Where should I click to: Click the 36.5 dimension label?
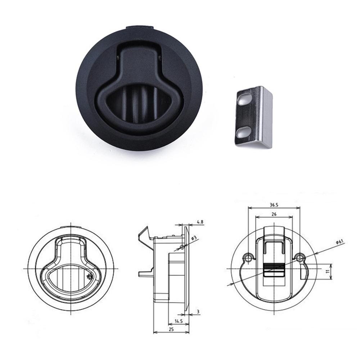(274, 205)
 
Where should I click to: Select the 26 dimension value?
(274, 214)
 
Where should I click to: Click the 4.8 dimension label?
(200, 222)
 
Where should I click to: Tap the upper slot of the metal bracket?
(244, 99)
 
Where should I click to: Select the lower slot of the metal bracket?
(243, 132)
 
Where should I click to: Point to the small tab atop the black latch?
(140, 27)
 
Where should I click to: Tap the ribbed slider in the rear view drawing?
(274, 269)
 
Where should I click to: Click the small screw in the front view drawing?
(89, 277)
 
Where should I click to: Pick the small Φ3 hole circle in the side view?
(183, 247)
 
